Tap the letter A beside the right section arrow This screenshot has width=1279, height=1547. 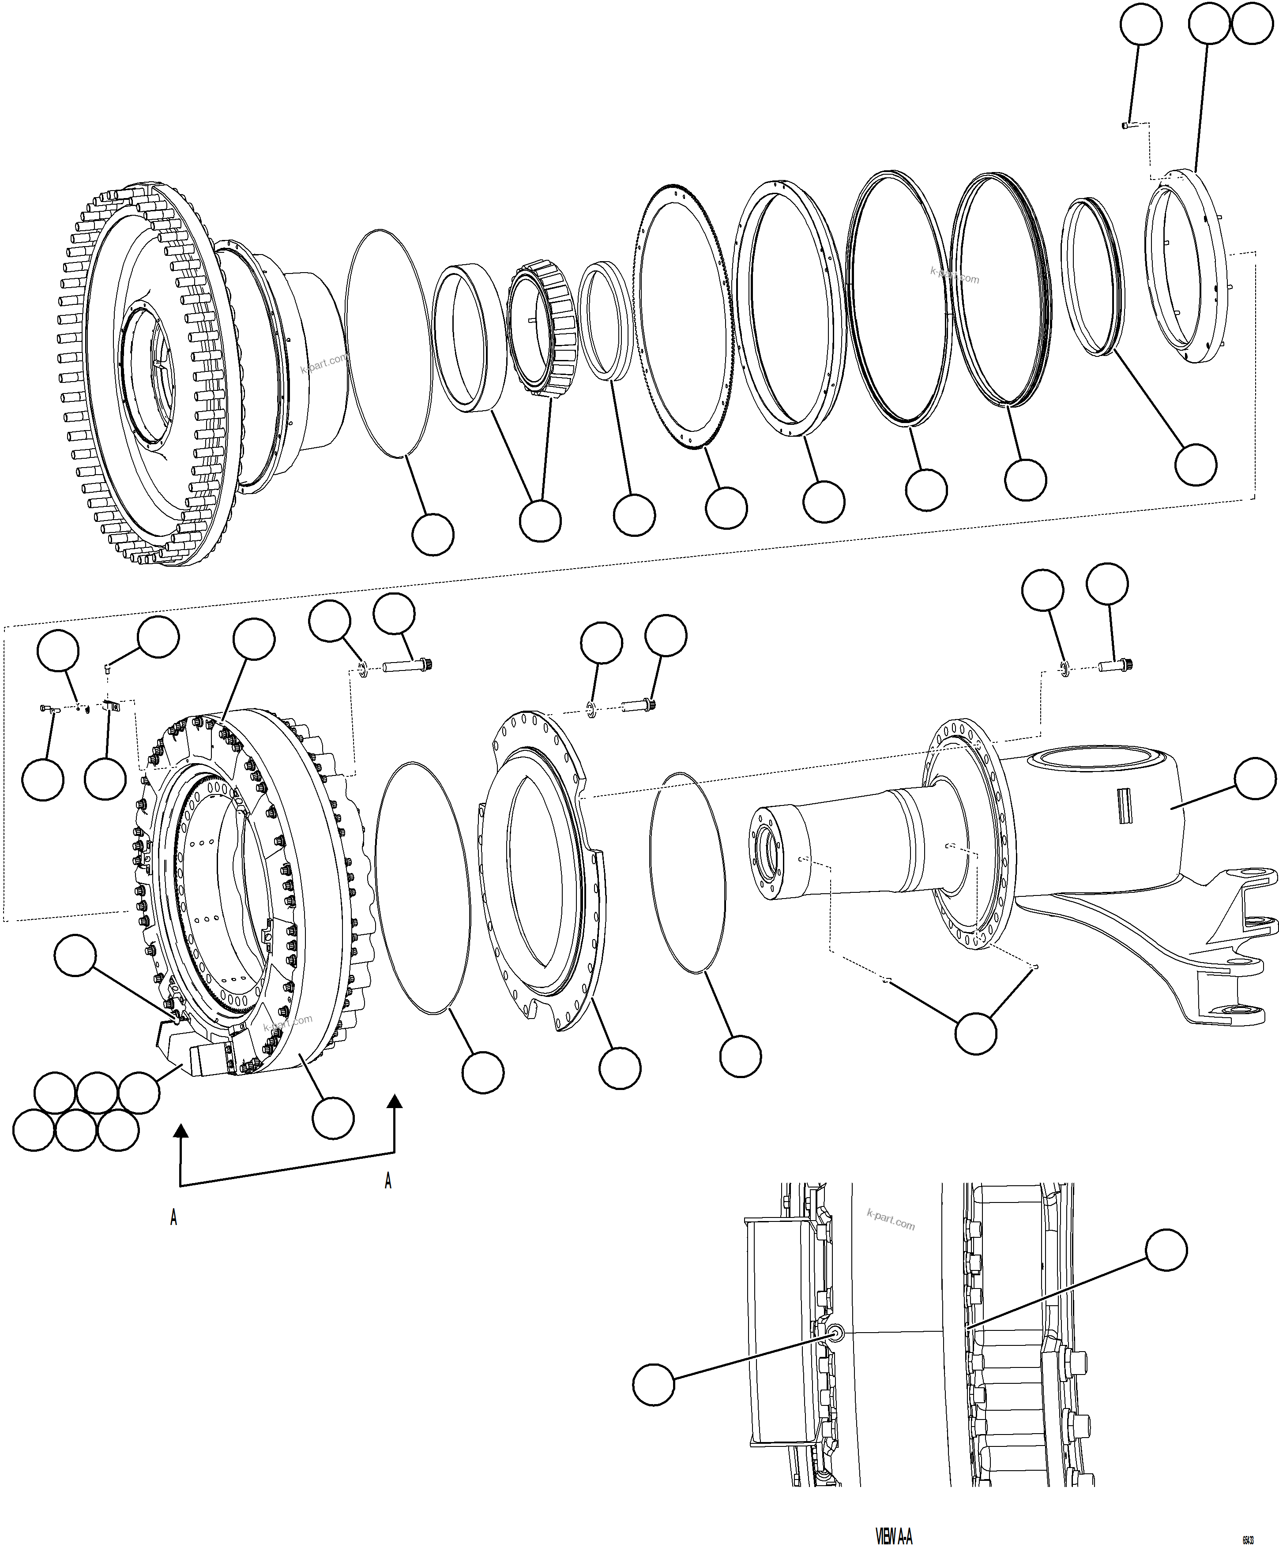click(388, 1181)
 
